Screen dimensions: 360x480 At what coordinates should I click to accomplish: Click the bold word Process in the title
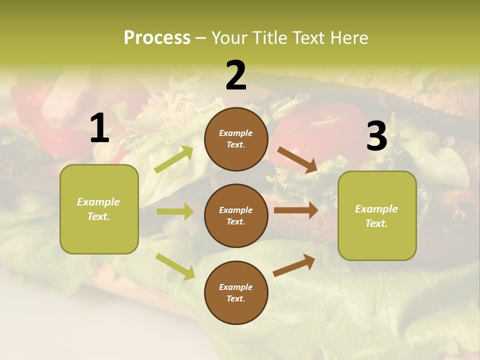click(x=157, y=37)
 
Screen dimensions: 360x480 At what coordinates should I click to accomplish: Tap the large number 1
click(x=99, y=128)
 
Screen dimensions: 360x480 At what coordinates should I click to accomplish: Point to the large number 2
click(x=236, y=75)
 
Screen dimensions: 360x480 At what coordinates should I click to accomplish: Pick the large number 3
click(x=376, y=136)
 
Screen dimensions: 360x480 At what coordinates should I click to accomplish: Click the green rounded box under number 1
click(x=99, y=209)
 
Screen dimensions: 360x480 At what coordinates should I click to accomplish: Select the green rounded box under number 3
click(x=377, y=215)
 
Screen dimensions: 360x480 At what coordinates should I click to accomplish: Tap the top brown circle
click(x=236, y=139)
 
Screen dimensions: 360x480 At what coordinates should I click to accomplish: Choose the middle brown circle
click(x=236, y=215)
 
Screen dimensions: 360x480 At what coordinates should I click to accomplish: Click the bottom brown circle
click(x=236, y=292)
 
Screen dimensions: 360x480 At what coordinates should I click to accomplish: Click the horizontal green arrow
click(x=175, y=211)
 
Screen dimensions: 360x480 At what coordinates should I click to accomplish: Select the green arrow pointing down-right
click(x=175, y=266)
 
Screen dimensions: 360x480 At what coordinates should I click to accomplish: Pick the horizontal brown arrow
click(x=295, y=210)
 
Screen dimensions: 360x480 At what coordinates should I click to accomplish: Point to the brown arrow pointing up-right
click(x=294, y=265)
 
